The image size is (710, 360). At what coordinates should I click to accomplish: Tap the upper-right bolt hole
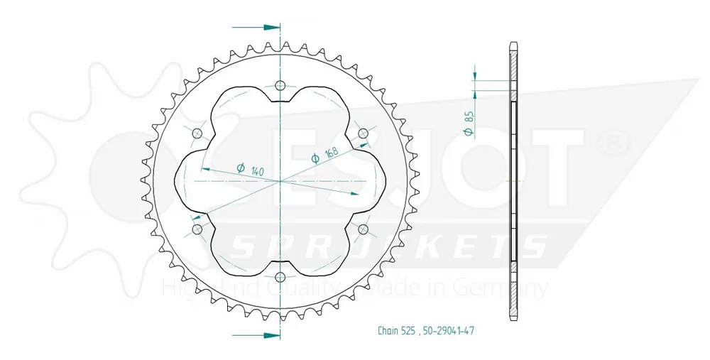click(x=363, y=133)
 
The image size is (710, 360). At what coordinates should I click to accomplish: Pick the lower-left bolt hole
click(x=197, y=229)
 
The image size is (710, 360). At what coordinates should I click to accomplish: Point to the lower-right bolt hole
click(x=363, y=229)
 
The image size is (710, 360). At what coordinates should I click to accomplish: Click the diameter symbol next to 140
click(x=239, y=168)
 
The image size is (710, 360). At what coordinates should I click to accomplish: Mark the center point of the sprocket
click(x=280, y=181)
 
